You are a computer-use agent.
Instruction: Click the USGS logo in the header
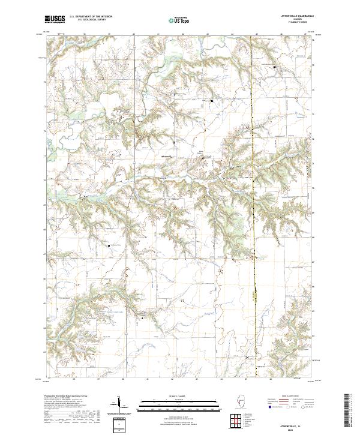tap(55, 19)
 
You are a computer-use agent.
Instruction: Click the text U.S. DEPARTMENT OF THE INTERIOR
tap(91, 17)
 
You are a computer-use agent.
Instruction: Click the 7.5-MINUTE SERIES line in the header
tap(293, 23)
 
